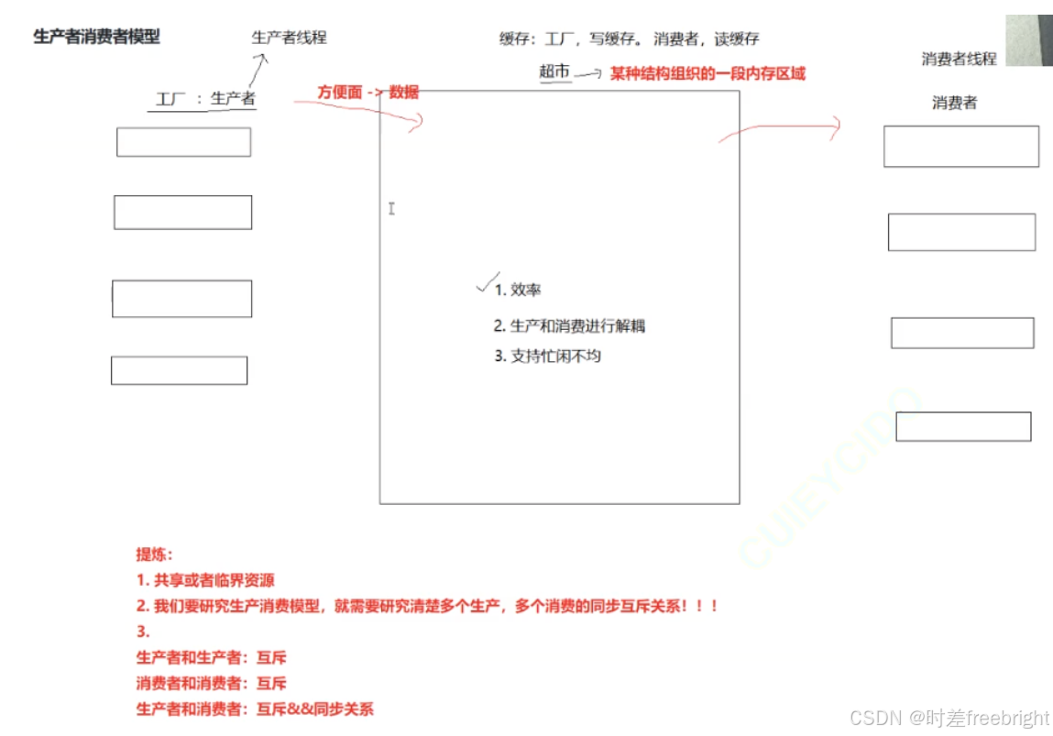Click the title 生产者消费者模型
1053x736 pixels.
coord(96,38)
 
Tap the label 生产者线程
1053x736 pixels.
coord(289,38)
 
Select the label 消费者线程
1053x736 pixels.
coord(959,59)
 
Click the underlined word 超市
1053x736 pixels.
coord(554,71)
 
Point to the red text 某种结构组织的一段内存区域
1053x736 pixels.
coord(707,73)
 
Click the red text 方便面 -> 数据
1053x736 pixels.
coord(367,92)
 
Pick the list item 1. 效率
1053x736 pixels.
coord(518,290)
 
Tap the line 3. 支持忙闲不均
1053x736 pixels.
coord(547,356)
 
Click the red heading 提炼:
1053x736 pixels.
coord(154,555)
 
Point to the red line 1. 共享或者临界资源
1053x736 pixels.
coord(205,580)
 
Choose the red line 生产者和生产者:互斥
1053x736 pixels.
coord(211,658)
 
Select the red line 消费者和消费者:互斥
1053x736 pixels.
coord(211,684)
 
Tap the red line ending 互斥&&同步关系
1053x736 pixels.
coord(255,709)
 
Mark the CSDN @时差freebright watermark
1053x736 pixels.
coord(949,718)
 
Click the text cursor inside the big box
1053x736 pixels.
coord(391,209)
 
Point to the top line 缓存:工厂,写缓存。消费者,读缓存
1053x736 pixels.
coord(629,39)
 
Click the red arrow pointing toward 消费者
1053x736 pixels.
coord(779,129)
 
